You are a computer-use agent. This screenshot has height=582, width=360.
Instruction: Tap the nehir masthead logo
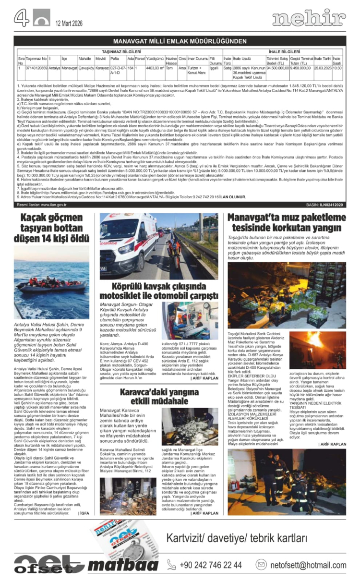pos(308,18)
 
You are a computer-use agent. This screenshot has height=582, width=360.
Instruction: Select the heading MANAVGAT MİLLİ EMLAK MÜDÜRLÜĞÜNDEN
pos(180,41)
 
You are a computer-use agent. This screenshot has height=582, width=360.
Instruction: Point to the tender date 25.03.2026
pos(323,68)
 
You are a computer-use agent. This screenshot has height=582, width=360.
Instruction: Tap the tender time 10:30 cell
pos(337,68)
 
